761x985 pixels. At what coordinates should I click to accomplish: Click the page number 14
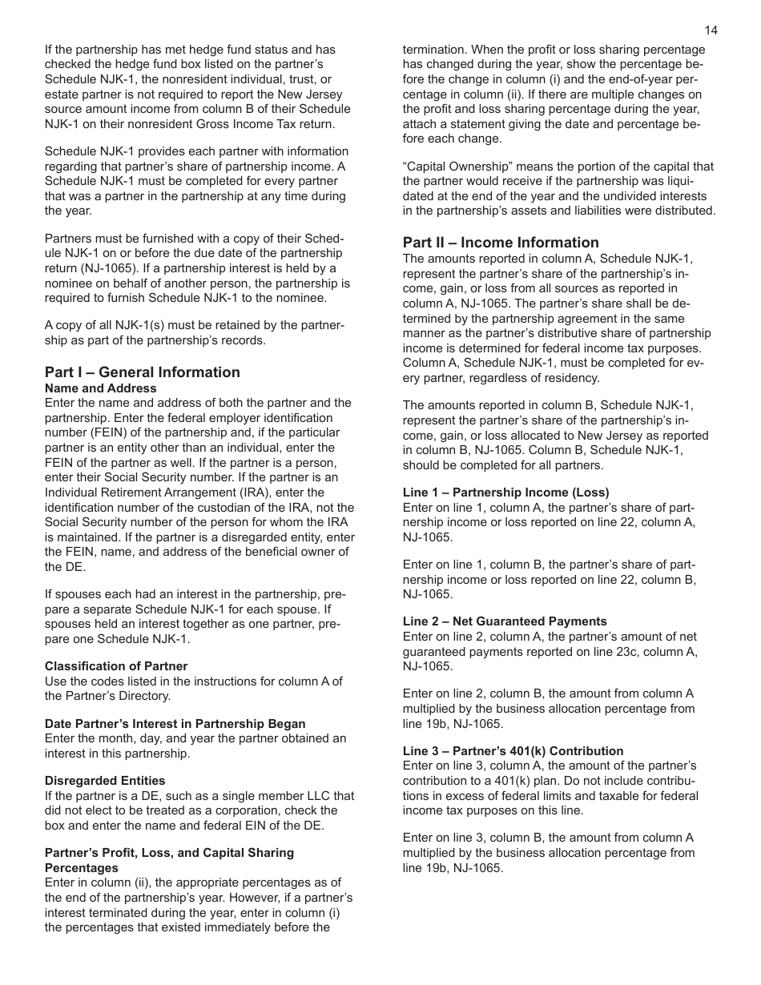click(x=711, y=30)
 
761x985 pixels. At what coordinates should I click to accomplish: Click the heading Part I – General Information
click(x=142, y=372)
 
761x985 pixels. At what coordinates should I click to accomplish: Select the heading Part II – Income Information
click(x=501, y=243)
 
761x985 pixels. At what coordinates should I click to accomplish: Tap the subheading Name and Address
click(x=101, y=388)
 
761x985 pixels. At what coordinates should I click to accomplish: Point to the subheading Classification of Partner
click(x=116, y=666)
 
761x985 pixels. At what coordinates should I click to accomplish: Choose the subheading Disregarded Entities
click(x=105, y=781)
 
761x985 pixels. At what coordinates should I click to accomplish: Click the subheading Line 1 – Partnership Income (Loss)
click(x=505, y=492)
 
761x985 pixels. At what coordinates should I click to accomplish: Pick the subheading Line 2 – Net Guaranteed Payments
click(x=505, y=621)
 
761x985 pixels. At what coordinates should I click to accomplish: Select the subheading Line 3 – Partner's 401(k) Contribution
click(x=513, y=751)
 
